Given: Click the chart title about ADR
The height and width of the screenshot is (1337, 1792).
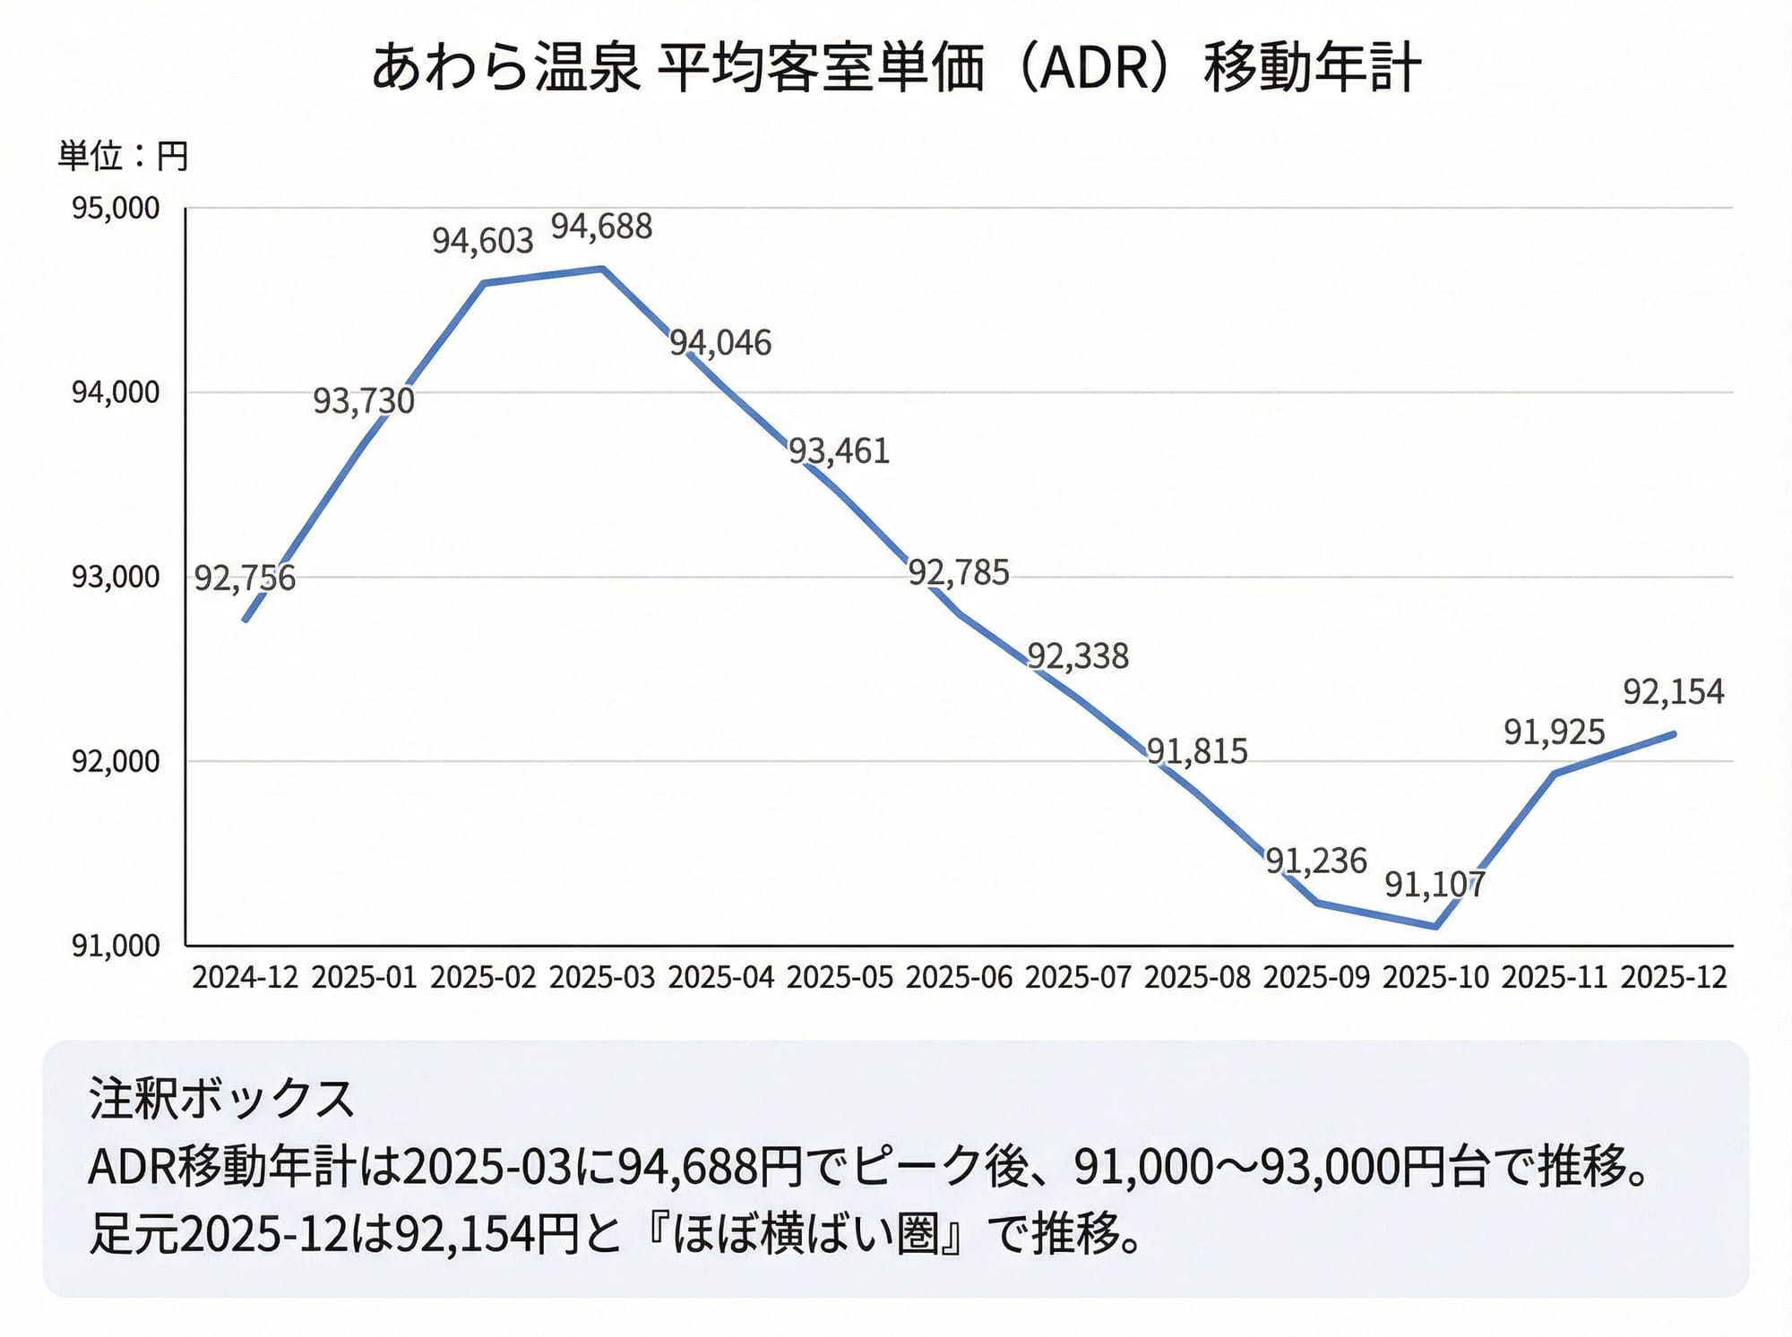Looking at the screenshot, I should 896,68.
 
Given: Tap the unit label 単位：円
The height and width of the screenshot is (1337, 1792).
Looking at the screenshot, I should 123,157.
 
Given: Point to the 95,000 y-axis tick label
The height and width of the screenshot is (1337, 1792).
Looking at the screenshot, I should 116,209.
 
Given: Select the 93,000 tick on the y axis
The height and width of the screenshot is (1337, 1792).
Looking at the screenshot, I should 116,578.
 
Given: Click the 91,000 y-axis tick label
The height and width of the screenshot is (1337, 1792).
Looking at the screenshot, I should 116,946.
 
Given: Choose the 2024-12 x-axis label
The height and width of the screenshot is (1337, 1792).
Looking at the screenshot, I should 245,977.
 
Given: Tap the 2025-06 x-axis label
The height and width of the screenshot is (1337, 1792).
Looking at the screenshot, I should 959,977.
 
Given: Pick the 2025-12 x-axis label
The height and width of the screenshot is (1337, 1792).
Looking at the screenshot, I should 1673,977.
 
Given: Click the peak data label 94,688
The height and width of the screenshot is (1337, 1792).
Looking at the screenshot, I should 601,227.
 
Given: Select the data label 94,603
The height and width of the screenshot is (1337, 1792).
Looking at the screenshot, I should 483,241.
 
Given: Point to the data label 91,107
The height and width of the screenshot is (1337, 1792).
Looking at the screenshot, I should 1434,885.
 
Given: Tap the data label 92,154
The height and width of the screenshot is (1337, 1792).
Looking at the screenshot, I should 1673,692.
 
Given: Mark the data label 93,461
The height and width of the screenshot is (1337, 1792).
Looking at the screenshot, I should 839,451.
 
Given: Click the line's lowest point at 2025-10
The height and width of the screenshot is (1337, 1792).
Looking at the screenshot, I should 1435,927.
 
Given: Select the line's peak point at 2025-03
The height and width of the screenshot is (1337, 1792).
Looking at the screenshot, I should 602,268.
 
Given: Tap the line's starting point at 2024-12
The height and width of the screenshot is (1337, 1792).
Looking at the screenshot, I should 246,621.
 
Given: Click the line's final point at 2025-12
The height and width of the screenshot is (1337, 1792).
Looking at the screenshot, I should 1674,734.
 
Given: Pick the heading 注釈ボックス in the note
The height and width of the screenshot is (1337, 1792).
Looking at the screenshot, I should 222,1099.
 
